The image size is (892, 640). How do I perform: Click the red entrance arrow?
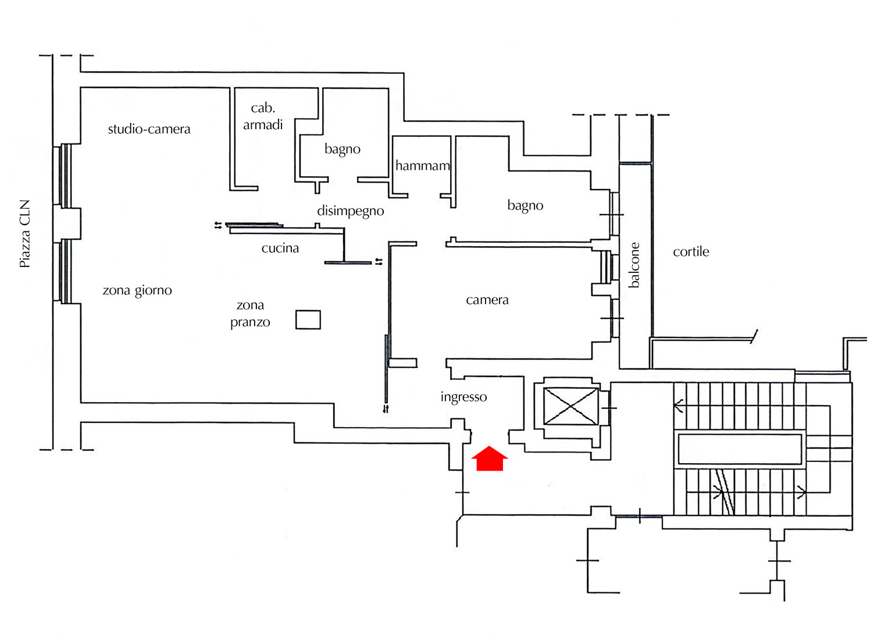point(490,458)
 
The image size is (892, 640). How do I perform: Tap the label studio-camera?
point(149,129)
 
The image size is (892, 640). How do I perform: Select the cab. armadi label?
point(263,116)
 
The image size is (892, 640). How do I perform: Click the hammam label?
point(422,165)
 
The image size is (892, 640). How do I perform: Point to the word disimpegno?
point(351,211)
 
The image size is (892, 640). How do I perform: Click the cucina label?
point(280,248)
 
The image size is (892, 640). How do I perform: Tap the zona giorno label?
point(137,290)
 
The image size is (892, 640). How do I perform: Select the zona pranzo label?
point(250,314)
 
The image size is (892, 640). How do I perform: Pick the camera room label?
point(487,300)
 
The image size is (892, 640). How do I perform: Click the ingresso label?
point(463,397)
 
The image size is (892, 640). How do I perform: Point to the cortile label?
point(691,252)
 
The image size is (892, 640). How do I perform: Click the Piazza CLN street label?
point(24,233)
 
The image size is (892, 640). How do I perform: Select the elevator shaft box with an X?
point(570,406)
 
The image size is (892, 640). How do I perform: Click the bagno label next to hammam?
point(342,149)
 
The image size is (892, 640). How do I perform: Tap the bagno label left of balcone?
point(525,205)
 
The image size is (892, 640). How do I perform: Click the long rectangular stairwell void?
point(740,449)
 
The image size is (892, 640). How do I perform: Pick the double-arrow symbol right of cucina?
point(379,261)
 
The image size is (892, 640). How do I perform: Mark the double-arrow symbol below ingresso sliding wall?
point(386,409)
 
